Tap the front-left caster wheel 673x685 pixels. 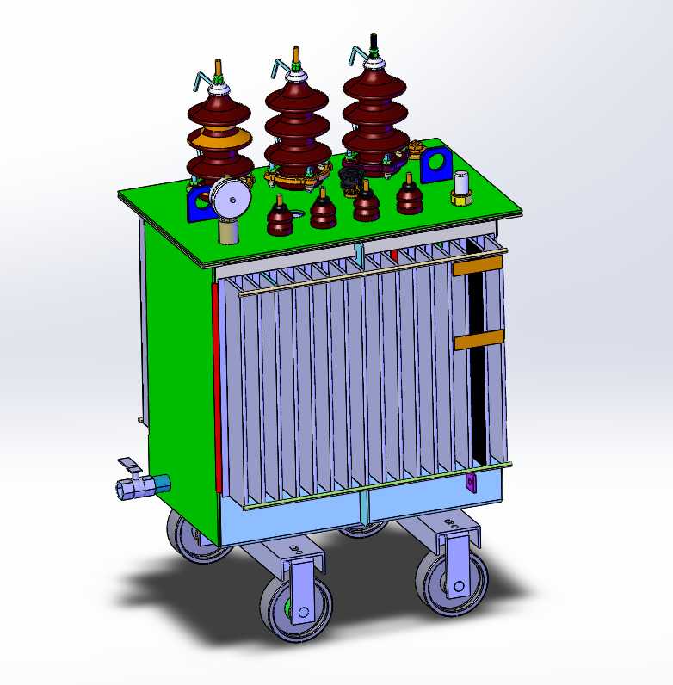[289, 606]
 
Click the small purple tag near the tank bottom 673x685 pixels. [470, 482]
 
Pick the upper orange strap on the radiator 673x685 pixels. [478, 268]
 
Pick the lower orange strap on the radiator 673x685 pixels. [478, 341]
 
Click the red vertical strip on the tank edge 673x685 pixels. [216, 387]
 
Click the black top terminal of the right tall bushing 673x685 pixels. [374, 44]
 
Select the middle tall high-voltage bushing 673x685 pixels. [297, 120]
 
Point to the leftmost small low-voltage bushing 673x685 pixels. [279, 219]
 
